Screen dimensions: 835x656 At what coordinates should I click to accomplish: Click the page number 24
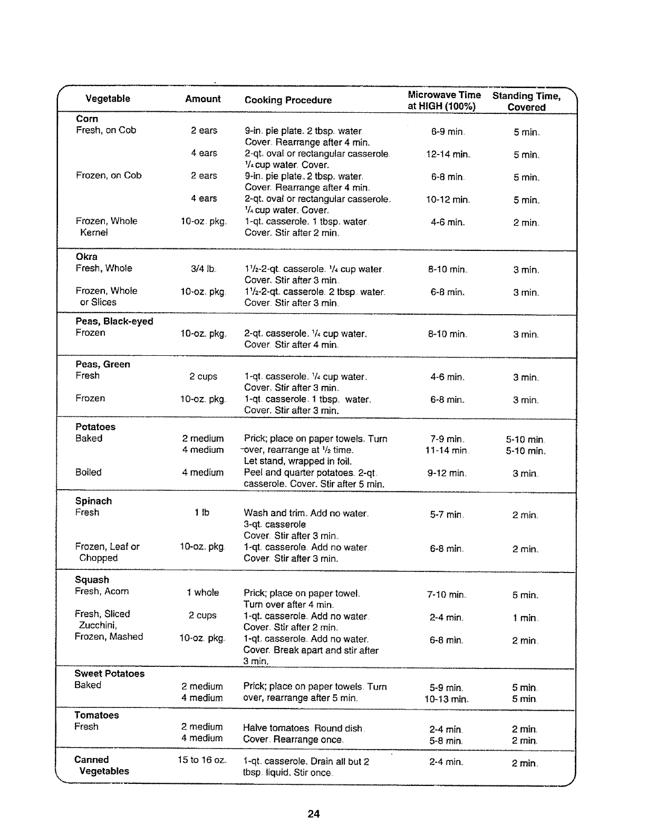[314, 813]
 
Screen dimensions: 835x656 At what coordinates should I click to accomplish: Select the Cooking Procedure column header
[288, 100]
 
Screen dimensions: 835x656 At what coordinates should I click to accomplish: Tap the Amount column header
[203, 99]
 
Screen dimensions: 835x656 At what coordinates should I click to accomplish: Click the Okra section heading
[87, 257]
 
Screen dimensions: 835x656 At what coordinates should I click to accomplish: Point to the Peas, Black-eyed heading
[114, 322]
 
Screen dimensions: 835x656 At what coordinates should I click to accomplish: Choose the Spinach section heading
[93, 501]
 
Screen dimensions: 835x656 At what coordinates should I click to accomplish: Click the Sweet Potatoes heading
[109, 673]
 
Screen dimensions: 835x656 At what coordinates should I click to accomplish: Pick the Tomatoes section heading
[97, 715]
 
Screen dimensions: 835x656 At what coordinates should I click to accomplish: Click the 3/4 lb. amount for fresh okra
[204, 269]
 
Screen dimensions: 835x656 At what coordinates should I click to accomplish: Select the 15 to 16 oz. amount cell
[202, 760]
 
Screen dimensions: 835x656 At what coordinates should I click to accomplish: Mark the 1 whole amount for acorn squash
[202, 593]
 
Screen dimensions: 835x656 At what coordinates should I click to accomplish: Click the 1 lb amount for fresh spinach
[202, 512]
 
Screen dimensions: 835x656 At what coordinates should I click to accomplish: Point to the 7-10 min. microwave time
[446, 595]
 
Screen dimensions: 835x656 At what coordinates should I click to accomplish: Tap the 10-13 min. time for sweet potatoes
[446, 700]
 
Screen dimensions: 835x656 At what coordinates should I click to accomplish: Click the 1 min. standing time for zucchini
[525, 618]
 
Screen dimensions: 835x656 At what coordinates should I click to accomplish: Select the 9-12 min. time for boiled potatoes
[447, 473]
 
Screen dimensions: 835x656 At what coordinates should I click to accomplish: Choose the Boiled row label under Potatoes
[88, 472]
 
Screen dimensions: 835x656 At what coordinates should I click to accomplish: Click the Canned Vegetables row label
[102, 765]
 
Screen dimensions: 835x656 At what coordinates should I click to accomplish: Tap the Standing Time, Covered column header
[526, 101]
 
